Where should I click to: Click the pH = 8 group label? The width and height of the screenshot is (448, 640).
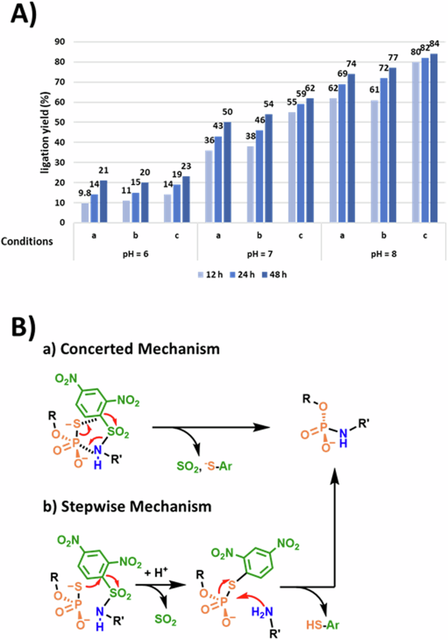pos(381,254)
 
